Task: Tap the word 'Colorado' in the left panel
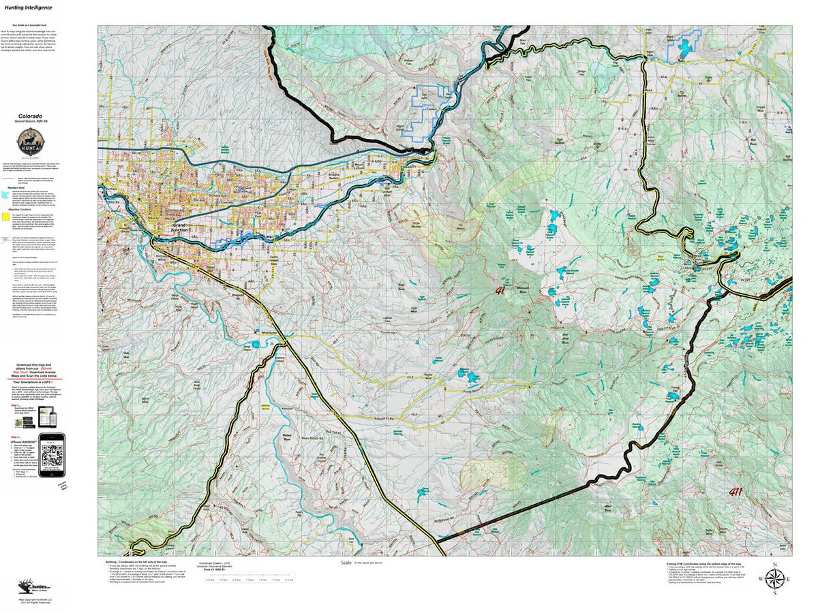coord(31,116)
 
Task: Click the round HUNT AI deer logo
coord(31,142)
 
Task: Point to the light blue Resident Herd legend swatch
coord(6,194)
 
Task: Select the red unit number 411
coord(736,492)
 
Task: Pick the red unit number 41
coord(520,291)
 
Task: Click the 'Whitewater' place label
coord(271,333)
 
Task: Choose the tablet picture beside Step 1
coord(46,413)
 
